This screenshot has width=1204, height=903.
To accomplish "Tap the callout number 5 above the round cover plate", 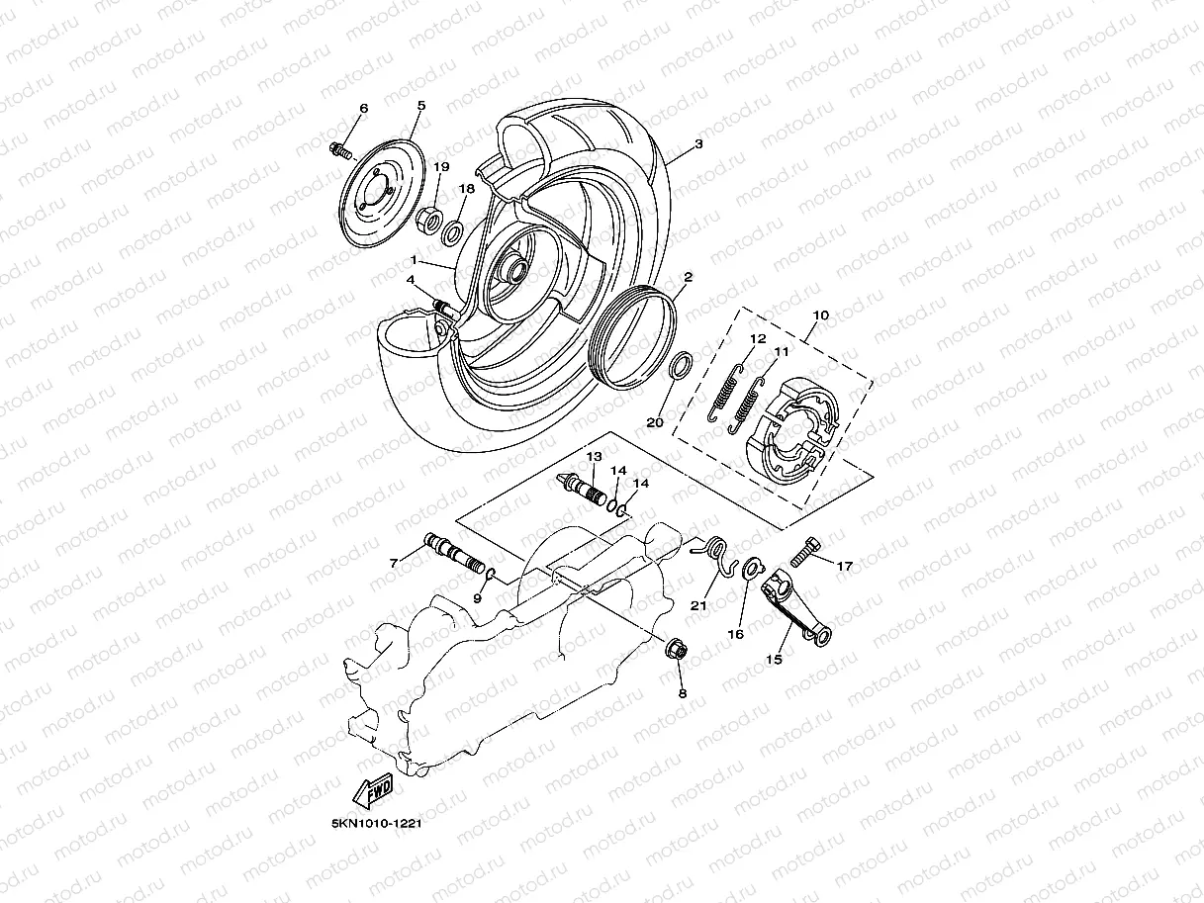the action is click(x=420, y=105).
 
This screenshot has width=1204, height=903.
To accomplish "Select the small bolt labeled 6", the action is click(x=339, y=150).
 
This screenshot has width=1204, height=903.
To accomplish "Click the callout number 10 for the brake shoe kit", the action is click(x=820, y=316).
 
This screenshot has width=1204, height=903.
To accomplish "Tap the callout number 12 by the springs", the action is click(x=757, y=338).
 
